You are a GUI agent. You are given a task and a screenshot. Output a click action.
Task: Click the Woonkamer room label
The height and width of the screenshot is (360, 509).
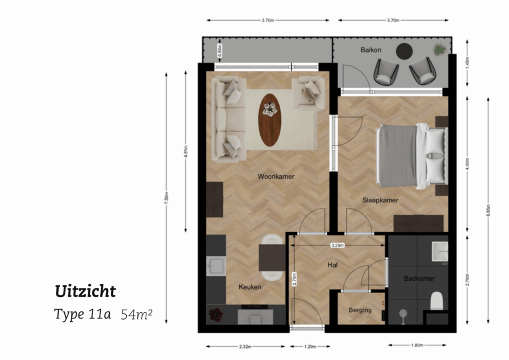pos(275,177)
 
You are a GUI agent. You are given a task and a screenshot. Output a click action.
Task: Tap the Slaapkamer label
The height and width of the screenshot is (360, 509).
pos(381,200)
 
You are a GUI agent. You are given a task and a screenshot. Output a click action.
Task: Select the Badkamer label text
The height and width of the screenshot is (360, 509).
pos(419,279)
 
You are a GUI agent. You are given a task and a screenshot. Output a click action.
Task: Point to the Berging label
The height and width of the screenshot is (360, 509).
pos(360,310)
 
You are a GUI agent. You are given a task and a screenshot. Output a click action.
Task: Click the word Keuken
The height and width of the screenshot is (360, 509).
pos(250,287)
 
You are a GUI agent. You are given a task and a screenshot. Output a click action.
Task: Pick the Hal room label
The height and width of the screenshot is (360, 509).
pos(333,265)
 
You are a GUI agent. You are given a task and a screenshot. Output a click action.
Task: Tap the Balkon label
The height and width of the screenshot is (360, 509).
pos(371,50)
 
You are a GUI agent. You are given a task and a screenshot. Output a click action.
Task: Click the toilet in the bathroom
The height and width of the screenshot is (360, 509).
pos(437,301)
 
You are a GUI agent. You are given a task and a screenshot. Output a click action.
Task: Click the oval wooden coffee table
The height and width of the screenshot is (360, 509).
pos(270,120)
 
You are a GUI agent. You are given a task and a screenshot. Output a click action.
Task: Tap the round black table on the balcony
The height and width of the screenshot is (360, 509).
pos(404,52)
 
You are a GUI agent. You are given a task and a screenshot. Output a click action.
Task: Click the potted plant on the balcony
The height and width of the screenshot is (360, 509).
pos(439,49)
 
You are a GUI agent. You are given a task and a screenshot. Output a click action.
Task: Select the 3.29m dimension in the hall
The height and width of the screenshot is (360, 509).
pos(337,245)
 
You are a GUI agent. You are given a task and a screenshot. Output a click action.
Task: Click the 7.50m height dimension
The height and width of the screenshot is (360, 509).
pos(166,200)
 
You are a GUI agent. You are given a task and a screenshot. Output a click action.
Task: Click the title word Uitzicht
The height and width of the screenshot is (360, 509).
pos(85,291)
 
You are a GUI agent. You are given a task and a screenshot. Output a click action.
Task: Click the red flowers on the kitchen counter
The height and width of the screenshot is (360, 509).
pos(215,315)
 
